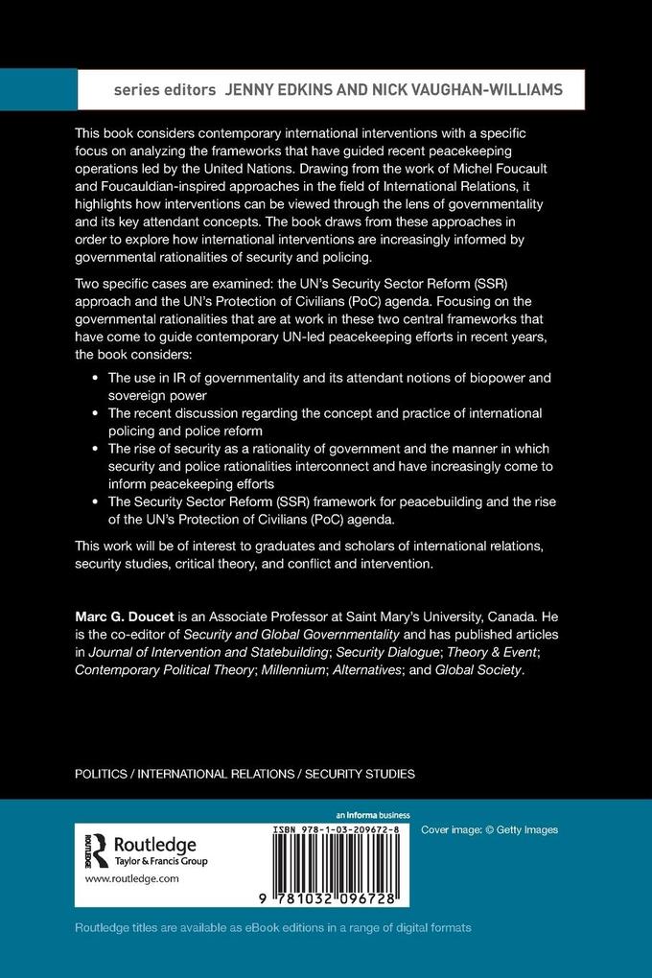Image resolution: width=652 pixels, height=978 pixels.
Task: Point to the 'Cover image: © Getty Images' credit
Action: pos(489,829)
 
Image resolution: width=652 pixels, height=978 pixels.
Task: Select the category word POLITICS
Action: pos(103,773)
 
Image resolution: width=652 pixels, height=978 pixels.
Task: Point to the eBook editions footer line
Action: pos(273,928)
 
